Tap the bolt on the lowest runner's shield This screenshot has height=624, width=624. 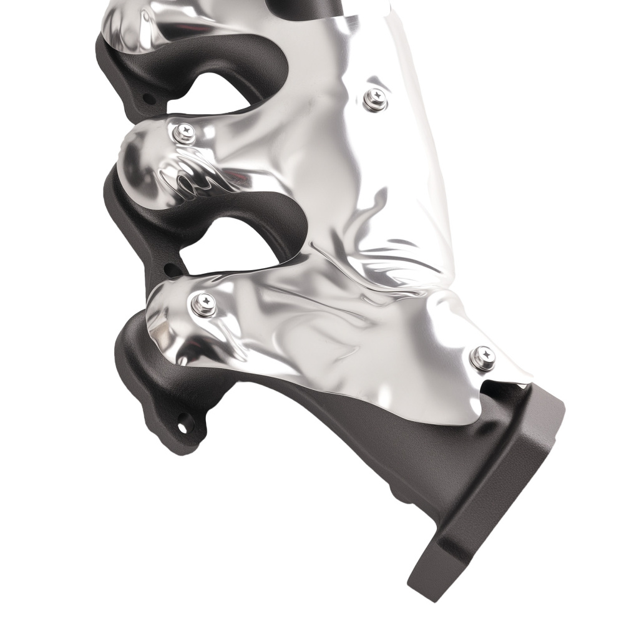pos(203,304)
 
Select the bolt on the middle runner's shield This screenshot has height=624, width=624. pos(184,131)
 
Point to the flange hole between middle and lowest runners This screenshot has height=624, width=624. pos(168,270)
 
